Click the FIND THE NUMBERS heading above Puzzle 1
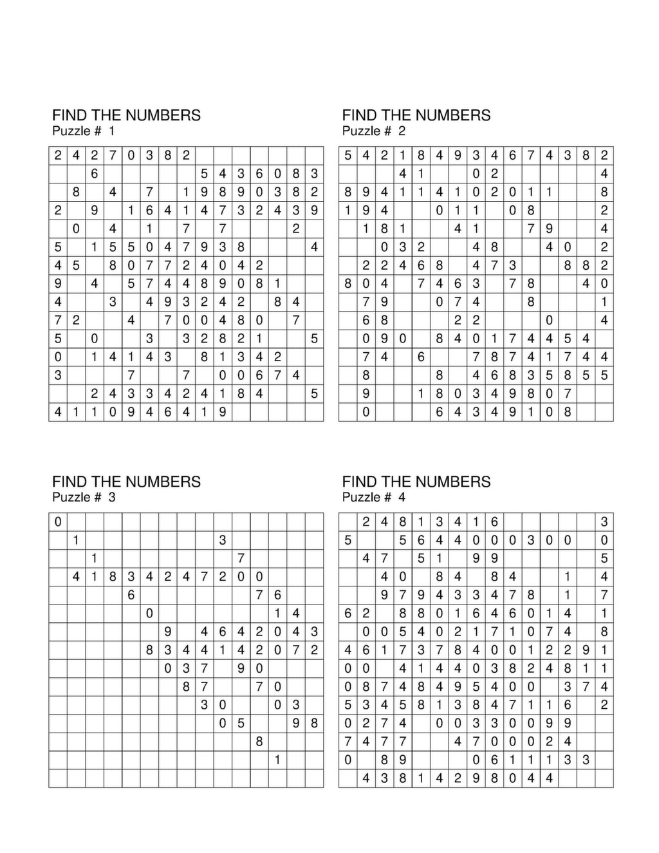pyautogui.click(x=126, y=115)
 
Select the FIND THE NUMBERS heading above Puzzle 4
pyautogui.click(x=416, y=482)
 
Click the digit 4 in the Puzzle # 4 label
pyautogui.click(x=402, y=497)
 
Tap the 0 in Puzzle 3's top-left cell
pyautogui.click(x=58, y=522)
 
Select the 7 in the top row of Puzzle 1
pyautogui.click(x=113, y=155)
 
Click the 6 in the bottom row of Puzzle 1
pyautogui.click(x=167, y=412)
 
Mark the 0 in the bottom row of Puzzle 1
pyautogui.click(x=113, y=412)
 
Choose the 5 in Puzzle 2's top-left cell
pyautogui.click(x=348, y=155)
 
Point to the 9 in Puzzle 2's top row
pyautogui.click(x=458, y=155)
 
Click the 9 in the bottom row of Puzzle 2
pyautogui.click(x=513, y=412)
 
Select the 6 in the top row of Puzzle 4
pyautogui.click(x=494, y=522)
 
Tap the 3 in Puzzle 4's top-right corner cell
pyautogui.click(x=604, y=522)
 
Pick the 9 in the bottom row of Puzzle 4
pyautogui.click(x=476, y=778)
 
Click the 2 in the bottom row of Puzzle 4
pyautogui.click(x=458, y=778)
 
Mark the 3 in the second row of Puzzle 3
pyautogui.click(x=223, y=540)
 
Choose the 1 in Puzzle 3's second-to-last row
pyautogui.click(x=277, y=760)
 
